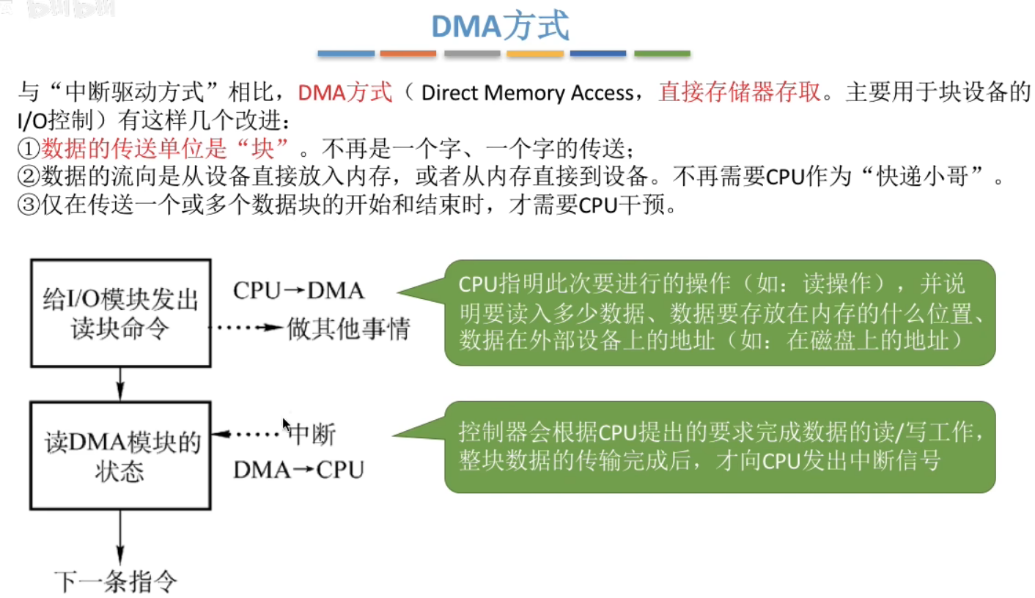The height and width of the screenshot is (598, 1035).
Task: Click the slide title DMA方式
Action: tap(499, 26)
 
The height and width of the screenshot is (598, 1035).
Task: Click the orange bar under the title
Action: tap(408, 53)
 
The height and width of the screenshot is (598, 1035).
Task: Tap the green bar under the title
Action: tap(662, 53)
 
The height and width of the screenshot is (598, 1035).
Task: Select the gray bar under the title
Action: tap(471, 53)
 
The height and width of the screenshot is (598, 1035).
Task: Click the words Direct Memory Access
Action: tap(527, 93)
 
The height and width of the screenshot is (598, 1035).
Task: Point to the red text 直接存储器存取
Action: tap(740, 93)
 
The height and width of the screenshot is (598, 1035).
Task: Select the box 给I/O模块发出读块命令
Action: tap(120, 313)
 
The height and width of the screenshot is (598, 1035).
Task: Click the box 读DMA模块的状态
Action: tap(120, 456)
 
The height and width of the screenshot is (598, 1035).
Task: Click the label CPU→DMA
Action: tap(298, 291)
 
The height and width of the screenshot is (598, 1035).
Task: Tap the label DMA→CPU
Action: tap(298, 470)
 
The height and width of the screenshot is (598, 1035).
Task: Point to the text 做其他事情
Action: tap(348, 327)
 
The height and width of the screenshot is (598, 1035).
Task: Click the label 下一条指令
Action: tap(116, 581)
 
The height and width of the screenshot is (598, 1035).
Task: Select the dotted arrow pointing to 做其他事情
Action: tap(246, 328)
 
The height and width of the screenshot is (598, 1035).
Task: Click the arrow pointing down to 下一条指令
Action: tap(120, 538)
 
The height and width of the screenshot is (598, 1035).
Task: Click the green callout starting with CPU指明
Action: tap(720, 313)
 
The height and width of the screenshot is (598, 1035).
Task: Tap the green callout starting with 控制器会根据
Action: tap(720, 446)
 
